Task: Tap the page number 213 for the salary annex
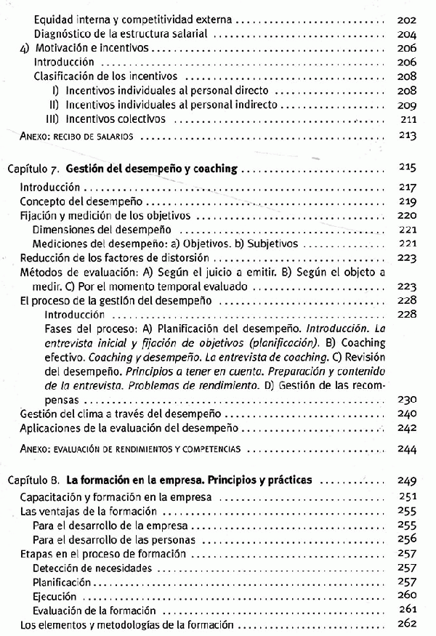point(408,135)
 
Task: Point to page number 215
point(408,169)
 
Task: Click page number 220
point(408,216)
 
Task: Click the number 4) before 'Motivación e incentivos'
point(23,49)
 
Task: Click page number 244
point(408,449)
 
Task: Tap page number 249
point(408,480)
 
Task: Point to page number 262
point(408,624)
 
